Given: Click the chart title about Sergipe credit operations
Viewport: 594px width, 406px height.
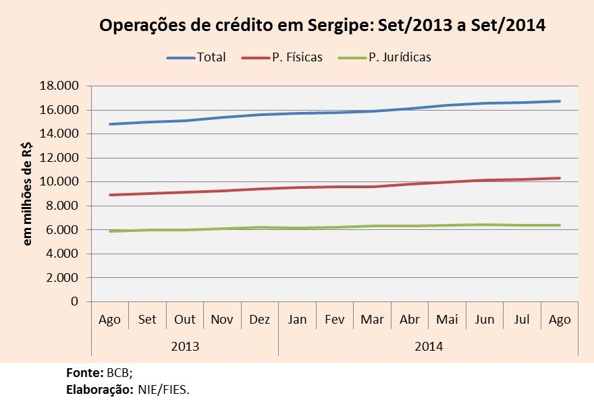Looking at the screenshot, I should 322,26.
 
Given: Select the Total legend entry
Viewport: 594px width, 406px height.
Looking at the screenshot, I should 211,57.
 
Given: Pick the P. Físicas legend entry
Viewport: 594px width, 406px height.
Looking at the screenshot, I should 297,57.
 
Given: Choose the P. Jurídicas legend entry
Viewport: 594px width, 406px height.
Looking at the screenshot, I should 400,57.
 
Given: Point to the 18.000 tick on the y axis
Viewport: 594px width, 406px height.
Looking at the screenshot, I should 59,86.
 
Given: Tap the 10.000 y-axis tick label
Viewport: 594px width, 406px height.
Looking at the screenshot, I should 59,182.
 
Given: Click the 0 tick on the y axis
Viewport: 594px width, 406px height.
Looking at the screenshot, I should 74,301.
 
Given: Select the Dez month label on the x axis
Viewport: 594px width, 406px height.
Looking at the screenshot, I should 260,320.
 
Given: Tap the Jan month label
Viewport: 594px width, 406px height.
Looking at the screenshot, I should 298,320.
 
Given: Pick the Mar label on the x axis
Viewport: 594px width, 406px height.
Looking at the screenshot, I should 373,320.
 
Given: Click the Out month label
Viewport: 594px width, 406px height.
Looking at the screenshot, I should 184,320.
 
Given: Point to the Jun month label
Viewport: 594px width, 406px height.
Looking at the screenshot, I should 485,320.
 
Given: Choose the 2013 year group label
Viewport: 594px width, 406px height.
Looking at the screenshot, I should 184,346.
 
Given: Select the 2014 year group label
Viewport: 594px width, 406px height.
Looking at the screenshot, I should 429,346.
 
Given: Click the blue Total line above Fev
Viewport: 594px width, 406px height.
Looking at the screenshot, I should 335,112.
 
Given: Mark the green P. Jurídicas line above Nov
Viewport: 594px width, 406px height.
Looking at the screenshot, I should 222,229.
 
